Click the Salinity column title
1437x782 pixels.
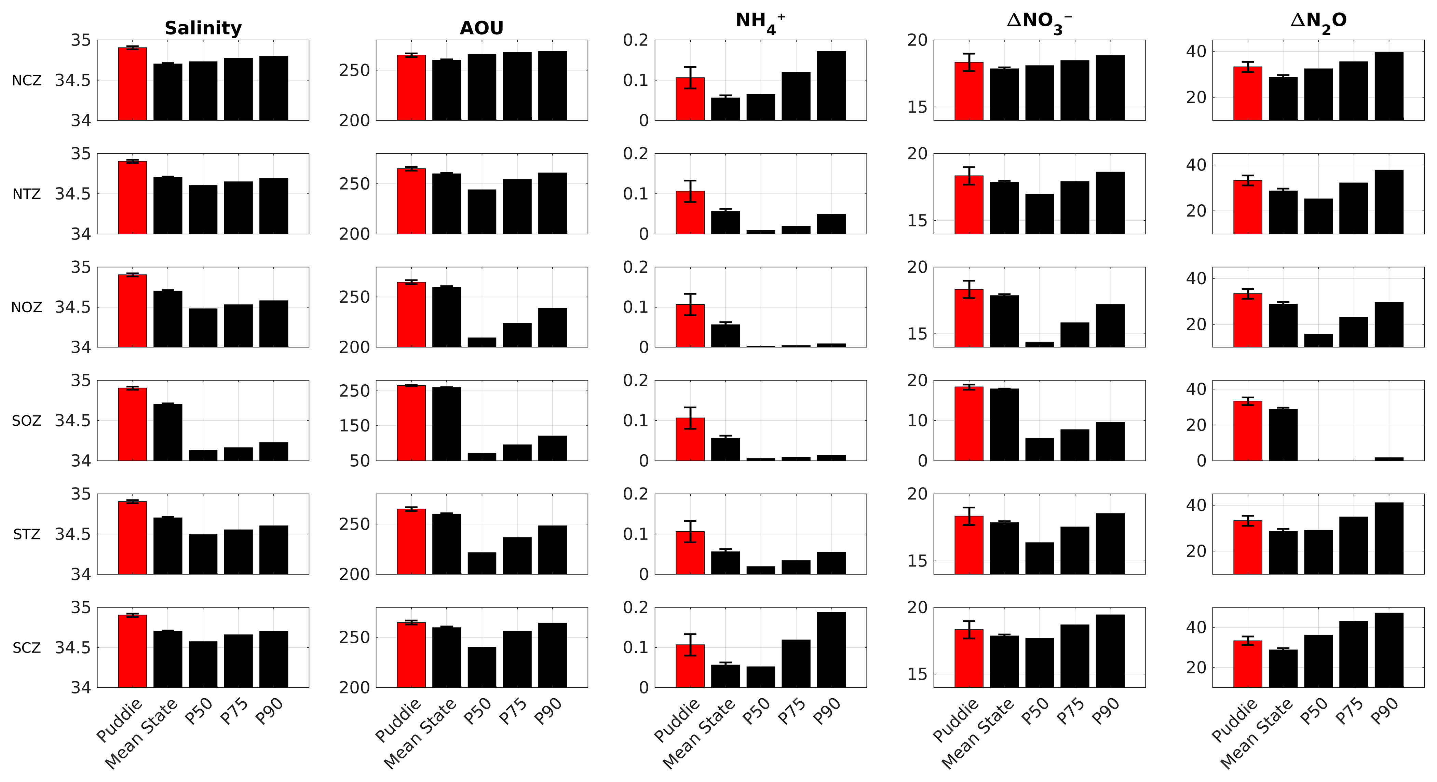203,28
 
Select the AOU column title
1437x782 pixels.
482,28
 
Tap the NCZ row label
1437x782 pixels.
27,81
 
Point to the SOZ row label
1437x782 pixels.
27,421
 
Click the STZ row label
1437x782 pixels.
27,534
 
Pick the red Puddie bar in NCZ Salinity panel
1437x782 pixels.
132,84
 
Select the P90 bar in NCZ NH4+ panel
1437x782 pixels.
831,85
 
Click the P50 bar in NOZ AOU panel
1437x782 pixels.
482,342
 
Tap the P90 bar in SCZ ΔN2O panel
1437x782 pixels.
1389,650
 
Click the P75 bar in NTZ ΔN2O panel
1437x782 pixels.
1354,208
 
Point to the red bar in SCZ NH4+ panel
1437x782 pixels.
690,666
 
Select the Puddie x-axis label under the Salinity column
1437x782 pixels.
119,720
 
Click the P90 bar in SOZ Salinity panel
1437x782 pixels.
274,451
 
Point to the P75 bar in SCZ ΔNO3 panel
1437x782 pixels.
1075,656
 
